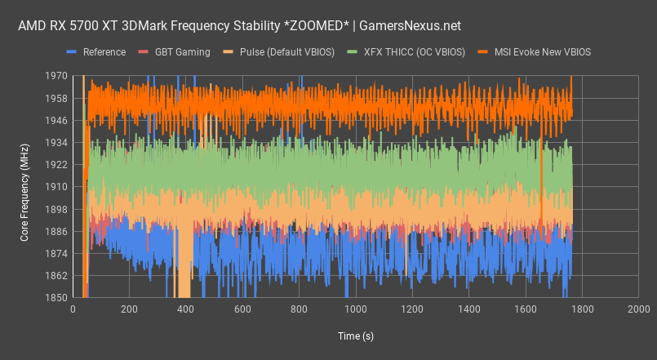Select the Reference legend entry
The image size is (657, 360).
(103, 52)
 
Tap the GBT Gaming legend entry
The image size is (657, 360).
(182, 52)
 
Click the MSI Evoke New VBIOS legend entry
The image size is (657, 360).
(544, 52)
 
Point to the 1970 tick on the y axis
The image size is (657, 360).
(56, 76)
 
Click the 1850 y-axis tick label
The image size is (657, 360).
(56, 298)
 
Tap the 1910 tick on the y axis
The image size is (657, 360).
(56, 187)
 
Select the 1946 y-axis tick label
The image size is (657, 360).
(56, 120)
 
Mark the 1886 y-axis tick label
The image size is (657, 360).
(56, 232)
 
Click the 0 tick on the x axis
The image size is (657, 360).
(73, 310)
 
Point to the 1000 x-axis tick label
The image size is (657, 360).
(356, 310)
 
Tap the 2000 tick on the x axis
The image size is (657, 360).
(638, 310)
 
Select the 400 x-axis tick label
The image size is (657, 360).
(186, 310)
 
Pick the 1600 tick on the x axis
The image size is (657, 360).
(525, 310)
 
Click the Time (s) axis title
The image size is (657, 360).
(356, 336)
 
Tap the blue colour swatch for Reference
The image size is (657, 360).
(70, 52)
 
